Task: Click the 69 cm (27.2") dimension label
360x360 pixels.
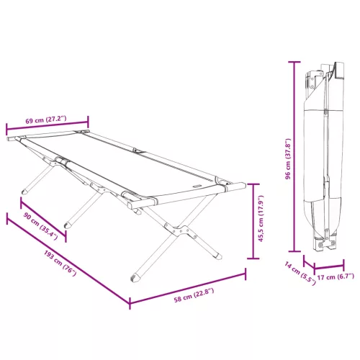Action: coord(46,120)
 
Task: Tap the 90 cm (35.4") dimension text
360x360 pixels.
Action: coord(40,226)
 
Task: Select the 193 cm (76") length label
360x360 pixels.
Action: coord(60,263)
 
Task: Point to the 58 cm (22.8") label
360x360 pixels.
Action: coord(194,295)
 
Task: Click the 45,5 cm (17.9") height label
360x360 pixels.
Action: coord(261,218)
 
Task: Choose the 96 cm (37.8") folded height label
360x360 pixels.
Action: coord(288,159)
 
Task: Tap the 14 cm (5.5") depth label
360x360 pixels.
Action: coord(300,274)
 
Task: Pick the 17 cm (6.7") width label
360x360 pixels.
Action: coord(336,276)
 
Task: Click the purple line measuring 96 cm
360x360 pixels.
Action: coord(294,157)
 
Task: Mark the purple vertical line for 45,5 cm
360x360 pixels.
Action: coord(253,221)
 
